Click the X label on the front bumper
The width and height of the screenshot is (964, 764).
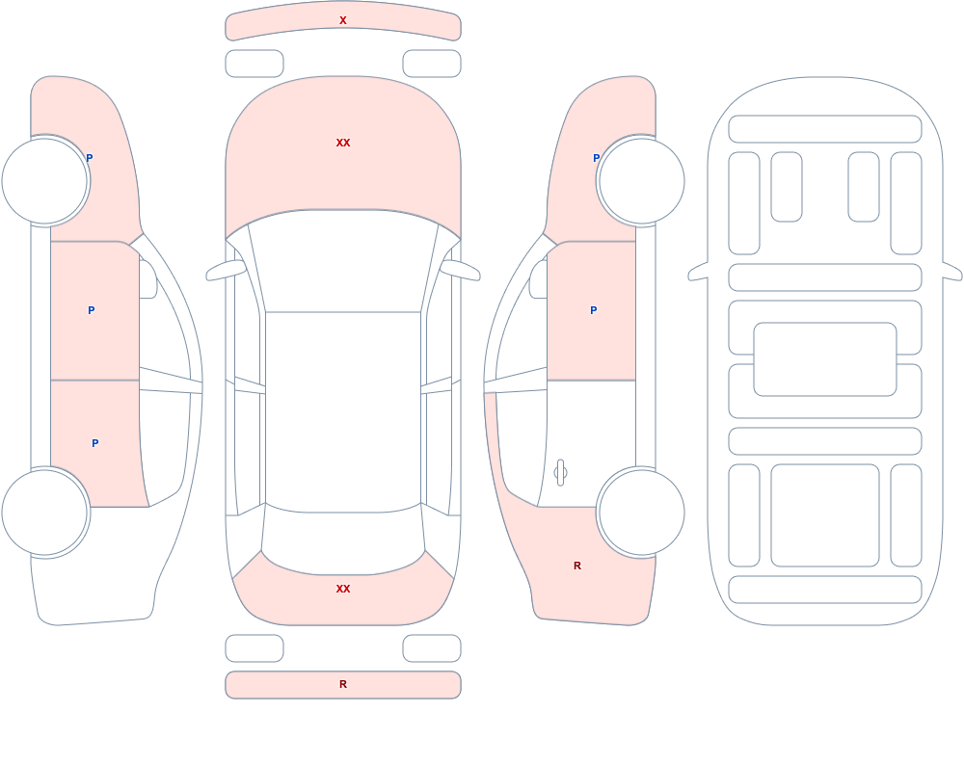point(343,20)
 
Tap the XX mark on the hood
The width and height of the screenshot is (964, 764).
point(343,143)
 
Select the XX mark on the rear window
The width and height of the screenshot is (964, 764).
point(343,589)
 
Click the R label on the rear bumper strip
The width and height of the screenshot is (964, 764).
point(343,684)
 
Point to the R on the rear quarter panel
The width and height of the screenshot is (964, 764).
point(577,566)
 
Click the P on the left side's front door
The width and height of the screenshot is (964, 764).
point(91,310)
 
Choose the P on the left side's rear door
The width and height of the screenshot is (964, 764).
point(94,443)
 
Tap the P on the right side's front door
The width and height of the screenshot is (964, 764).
point(593,310)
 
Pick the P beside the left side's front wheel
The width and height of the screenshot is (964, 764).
point(89,158)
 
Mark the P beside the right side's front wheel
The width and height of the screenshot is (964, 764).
point(596,158)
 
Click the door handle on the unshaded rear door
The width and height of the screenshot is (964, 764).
point(560,473)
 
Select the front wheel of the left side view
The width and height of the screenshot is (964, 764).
point(45,181)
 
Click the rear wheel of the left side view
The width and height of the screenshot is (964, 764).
point(45,512)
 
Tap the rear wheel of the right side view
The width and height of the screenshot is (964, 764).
point(641,512)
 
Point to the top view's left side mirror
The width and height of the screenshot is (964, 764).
point(226,271)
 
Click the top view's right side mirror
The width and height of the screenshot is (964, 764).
point(460,271)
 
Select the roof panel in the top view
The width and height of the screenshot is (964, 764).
point(343,410)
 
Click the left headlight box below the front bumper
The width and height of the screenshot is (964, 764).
point(254,64)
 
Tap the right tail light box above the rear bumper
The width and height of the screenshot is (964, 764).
point(432,648)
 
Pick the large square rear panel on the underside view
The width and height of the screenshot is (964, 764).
point(825,515)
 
